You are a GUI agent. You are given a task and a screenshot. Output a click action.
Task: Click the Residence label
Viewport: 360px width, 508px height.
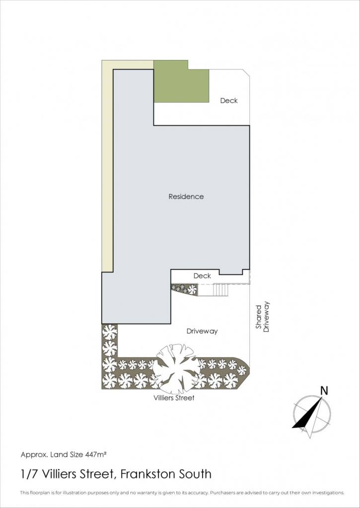(x=186, y=196)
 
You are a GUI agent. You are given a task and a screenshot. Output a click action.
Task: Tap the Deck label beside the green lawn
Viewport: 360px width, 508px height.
(x=229, y=100)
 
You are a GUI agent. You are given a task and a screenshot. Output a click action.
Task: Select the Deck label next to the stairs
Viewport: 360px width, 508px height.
(x=203, y=276)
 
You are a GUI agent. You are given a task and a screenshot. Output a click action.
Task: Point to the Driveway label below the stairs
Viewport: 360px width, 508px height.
(x=202, y=331)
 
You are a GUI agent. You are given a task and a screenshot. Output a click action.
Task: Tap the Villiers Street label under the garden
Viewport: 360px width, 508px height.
(x=174, y=397)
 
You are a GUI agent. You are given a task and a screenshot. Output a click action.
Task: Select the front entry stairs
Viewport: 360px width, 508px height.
(x=221, y=290)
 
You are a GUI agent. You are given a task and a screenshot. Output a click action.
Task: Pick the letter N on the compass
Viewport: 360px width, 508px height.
(x=324, y=391)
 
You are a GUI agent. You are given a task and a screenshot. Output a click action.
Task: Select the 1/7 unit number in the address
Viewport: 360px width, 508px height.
(x=28, y=474)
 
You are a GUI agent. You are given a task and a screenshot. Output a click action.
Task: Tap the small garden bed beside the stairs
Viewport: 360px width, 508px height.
(x=184, y=289)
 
